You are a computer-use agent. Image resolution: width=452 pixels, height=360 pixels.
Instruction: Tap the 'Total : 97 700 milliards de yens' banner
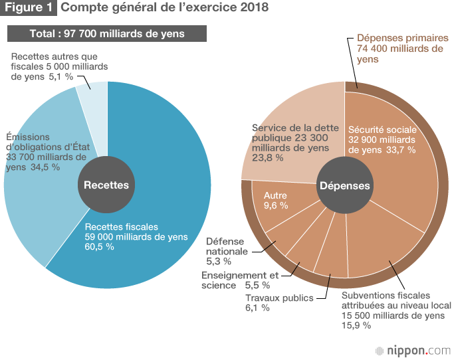pyautogui.click(x=107, y=33)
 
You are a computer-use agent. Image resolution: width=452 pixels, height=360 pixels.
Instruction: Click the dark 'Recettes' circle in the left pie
pyautogui.click(x=106, y=185)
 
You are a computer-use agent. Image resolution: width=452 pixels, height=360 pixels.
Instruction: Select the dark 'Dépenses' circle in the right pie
pyautogui.click(x=344, y=186)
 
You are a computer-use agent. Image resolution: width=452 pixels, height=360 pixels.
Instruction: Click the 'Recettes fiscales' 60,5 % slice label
pyautogui.click(x=136, y=236)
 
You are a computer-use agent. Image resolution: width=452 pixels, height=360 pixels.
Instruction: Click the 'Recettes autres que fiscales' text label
pyautogui.click(x=59, y=66)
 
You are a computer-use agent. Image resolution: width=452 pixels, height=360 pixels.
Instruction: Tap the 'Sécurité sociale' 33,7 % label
pyautogui.click(x=382, y=139)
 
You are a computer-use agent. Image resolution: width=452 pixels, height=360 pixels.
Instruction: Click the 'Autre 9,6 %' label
pyautogui.click(x=276, y=201)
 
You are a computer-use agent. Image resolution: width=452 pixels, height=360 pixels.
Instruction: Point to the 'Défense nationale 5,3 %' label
pyautogui.click(x=227, y=246)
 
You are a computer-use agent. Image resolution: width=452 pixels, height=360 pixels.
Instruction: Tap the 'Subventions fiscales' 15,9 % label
pyautogui.click(x=393, y=310)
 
